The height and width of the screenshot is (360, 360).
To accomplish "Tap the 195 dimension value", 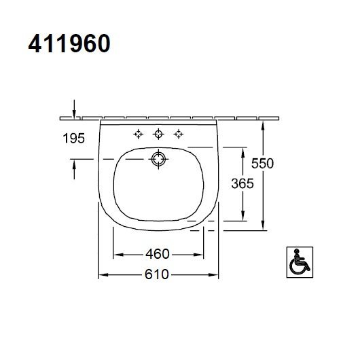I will click(x=73, y=139).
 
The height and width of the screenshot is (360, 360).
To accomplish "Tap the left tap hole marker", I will click(x=138, y=133).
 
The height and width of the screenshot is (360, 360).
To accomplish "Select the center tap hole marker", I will click(x=158, y=133).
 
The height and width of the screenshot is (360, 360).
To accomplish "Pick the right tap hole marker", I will click(x=179, y=133).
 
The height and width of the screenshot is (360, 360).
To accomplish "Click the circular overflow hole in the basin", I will click(x=158, y=160).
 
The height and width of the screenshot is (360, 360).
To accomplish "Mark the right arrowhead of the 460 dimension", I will click(x=201, y=254).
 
